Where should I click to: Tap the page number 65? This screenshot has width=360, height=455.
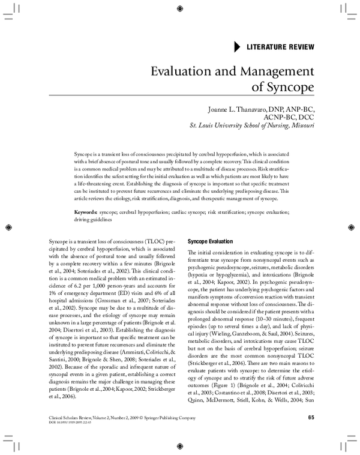tap(311, 418)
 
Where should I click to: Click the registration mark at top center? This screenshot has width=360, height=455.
tap(181, 8)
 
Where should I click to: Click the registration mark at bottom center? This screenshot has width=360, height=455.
tap(181, 447)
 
